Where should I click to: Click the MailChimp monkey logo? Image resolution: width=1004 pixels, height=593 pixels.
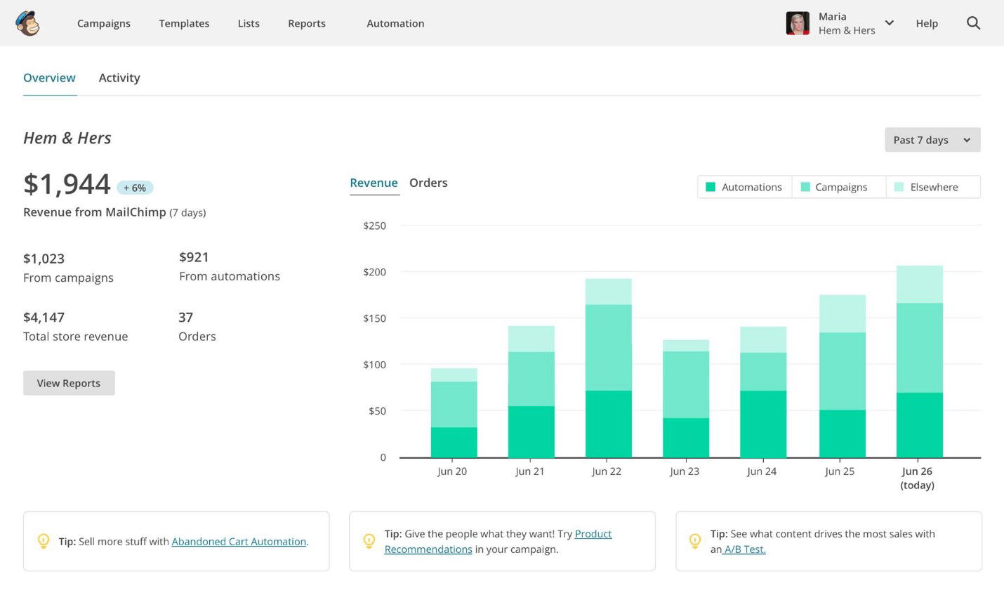tap(27, 23)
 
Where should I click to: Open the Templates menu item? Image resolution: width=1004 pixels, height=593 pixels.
tap(184, 23)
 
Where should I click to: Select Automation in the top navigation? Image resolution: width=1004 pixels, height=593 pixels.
tap(395, 23)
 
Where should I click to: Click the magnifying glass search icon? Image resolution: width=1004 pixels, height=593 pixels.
tap(973, 23)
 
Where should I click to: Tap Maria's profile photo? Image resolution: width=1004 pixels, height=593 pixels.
tap(798, 23)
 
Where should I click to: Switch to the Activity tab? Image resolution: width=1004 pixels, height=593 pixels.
tap(119, 78)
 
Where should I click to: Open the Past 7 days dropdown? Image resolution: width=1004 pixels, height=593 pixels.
tap(932, 140)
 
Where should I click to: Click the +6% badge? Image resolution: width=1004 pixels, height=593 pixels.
tap(135, 188)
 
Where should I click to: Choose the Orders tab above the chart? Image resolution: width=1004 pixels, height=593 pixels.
tap(428, 183)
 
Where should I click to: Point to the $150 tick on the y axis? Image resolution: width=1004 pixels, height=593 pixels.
tap(374, 318)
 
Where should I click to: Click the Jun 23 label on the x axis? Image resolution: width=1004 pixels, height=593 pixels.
tap(685, 471)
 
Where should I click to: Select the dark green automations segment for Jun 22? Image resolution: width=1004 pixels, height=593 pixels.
tap(608, 424)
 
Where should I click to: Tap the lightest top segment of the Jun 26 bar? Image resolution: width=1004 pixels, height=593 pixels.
tap(919, 284)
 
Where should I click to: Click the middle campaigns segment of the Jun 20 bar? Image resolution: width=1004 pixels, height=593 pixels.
tap(454, 404)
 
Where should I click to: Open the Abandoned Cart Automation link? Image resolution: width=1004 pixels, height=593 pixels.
tap(239, 542)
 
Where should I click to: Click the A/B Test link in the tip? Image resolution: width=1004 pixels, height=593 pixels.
tap(744, 549)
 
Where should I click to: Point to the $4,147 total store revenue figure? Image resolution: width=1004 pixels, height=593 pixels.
tap(44, 318)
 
